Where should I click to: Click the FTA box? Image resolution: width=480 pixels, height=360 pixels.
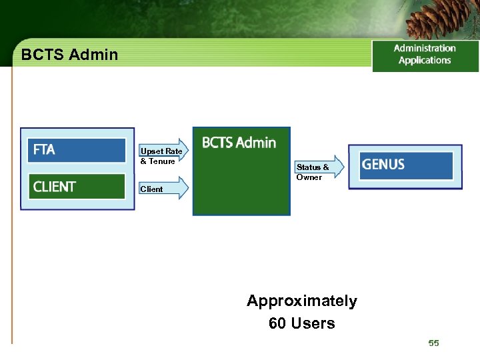[77, 150]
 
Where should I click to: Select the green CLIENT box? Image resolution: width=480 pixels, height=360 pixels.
[77, 187]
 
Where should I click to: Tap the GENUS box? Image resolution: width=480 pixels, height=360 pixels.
[406, 165]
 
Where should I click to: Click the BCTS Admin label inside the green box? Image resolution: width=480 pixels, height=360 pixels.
[239, 143]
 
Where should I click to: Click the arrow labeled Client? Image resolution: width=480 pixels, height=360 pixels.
[163, 189]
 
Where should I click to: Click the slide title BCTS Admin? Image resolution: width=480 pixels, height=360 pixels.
[69, 55]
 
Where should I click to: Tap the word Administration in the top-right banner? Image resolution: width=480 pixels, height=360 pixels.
[425, 48]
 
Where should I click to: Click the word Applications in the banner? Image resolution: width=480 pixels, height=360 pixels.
[425, 61]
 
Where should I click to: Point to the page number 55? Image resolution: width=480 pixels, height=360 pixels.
[434, 343]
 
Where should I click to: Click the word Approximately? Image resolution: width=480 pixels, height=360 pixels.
[302, 301]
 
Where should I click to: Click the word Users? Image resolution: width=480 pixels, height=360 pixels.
[313, 324]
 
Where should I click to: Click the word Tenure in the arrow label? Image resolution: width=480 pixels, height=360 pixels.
[162, 161]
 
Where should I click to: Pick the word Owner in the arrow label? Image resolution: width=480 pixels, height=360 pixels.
[309, 177]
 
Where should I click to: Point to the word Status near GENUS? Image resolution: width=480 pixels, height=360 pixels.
[308, 167]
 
